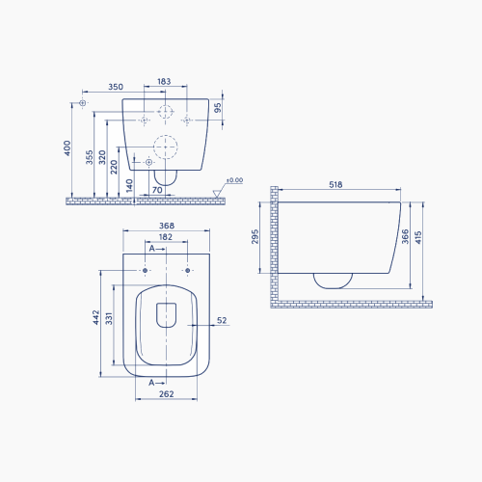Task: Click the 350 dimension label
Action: click(x=116, y=87)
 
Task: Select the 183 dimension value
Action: click(x=164, y=82)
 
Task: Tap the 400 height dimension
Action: click(x=67, y=148)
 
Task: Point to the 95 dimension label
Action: click(x=218, y=108)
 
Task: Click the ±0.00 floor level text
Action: click(x=234, y=180)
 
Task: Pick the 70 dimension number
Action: click(x=157, y=190)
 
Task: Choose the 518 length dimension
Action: click(x=335, y=184)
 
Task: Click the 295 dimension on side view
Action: click(x=254, y=236)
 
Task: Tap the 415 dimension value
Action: click(x=418, y=237)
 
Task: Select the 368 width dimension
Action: click(x=167, y=226)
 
